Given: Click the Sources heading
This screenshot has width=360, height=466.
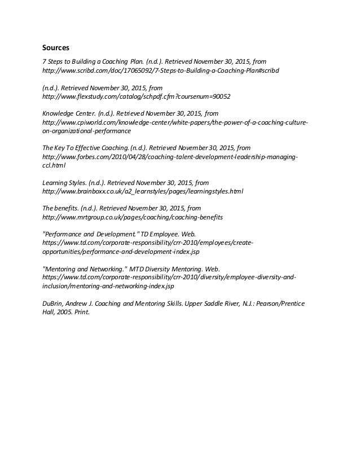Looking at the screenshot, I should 57,48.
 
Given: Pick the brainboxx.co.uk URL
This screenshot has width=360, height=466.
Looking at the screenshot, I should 143,191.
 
